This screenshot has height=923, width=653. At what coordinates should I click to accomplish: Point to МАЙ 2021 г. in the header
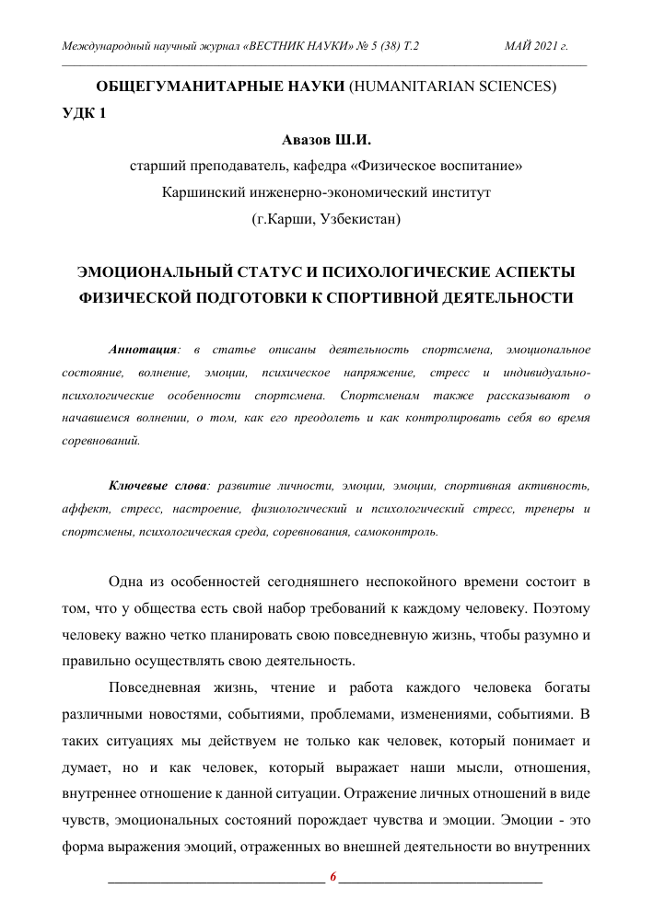coord(536,45)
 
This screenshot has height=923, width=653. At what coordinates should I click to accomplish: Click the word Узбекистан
coord(357,220)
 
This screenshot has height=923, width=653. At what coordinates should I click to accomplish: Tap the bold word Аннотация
coord(143,351)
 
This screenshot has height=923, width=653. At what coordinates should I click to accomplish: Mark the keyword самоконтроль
coord(395,533)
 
